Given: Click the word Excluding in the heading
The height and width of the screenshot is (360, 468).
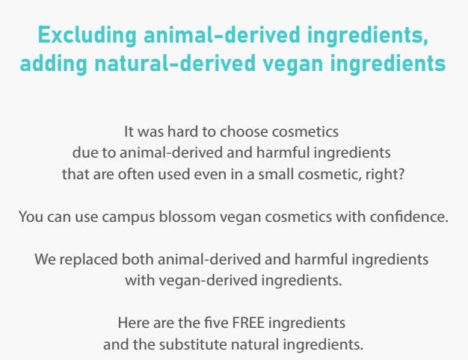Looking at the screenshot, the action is coord(87,36).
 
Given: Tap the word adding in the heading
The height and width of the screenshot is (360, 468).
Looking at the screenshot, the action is coord(53,63).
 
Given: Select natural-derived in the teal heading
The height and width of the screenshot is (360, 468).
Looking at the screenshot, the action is coord(175,63).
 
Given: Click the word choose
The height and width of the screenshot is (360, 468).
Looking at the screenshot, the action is coord(244,131).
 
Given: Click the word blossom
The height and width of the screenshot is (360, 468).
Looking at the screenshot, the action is coord(187,217).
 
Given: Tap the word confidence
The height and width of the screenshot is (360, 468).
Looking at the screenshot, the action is coord(409,217).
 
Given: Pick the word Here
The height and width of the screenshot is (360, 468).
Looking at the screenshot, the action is coord(134,323).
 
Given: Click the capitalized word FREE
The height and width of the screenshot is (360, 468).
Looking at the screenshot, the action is coord(248,323).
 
